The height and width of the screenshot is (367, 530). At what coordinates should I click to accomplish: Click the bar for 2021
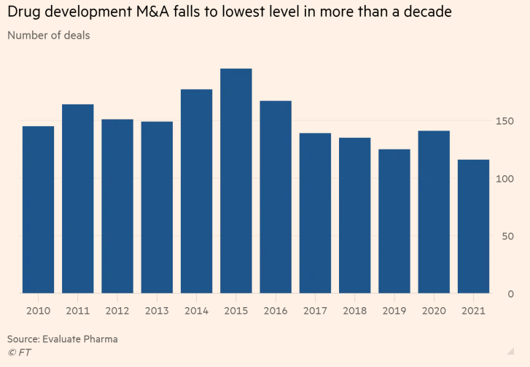(473, 226)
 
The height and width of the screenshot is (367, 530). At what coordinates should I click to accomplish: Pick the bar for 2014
(196, 191)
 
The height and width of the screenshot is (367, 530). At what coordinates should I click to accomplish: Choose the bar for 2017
(315, 213)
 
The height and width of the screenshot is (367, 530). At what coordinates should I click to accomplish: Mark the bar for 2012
(117, 206)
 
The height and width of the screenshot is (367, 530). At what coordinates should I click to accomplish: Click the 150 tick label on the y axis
(504, 121)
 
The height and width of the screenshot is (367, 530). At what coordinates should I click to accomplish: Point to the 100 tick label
(504, 179)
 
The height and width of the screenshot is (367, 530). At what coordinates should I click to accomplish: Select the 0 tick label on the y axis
(511, 294)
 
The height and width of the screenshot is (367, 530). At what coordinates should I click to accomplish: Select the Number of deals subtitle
(49, 35)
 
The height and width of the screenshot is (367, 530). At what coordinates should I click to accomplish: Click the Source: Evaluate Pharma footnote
(63, 339)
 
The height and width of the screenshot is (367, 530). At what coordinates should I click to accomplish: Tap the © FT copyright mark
(20, 352)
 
